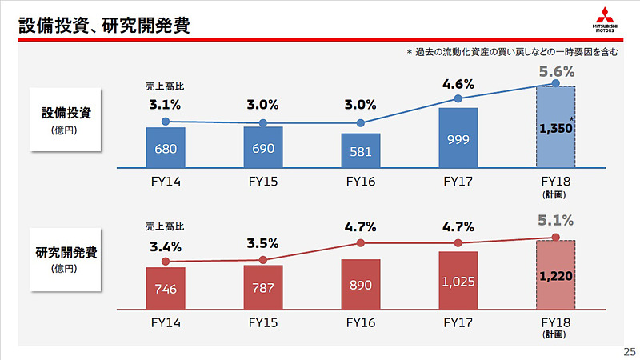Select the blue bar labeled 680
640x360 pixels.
(166, 147)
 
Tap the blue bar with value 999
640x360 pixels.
(458, 138)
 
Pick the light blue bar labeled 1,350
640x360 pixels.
(555, 126)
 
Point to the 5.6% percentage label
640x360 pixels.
(555, 72)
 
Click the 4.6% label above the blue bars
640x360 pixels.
(458, 84)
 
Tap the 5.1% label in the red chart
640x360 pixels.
(555, 219)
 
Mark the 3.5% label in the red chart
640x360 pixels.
(263, 243)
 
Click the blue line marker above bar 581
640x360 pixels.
(360, 123)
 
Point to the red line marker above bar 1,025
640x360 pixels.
(458, 242)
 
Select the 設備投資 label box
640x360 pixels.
(67, 118)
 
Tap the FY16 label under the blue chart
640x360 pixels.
(360, 181)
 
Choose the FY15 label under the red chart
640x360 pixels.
(263, 323)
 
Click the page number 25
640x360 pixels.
(629, 351)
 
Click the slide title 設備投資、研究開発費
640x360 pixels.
(104, 25)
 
